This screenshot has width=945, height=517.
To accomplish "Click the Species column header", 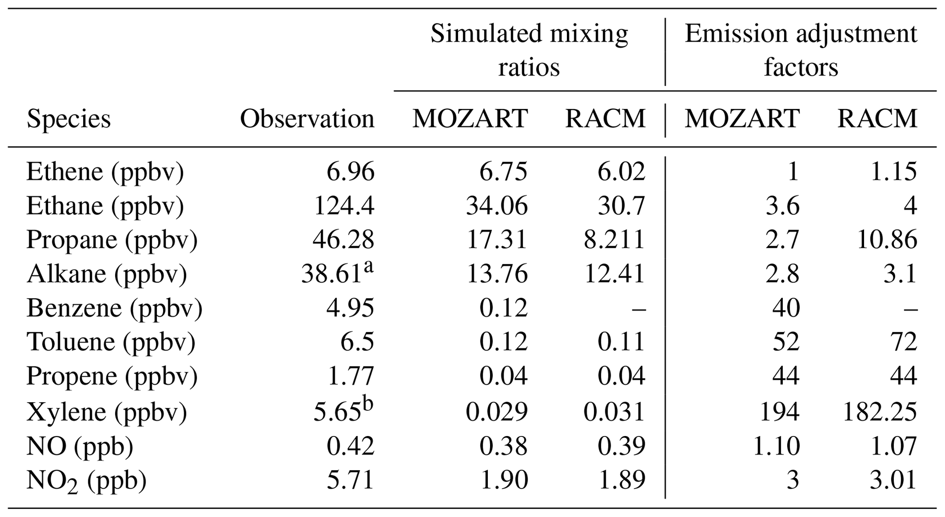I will [x=69, y=119].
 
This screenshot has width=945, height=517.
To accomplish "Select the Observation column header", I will [x=307, y=119].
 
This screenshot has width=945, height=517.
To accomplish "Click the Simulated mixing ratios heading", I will [x=529, y=50].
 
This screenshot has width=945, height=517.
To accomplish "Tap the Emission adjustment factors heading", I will [x=801, y=50].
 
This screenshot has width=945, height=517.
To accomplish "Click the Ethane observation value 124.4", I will [x=344, y=206].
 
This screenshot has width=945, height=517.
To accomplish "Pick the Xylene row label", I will [x=107, y=412].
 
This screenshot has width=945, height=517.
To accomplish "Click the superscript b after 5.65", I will [x=368, y=404].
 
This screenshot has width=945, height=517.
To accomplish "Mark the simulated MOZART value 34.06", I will [x=497, y=206].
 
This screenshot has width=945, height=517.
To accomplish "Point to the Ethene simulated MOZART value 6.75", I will [x=503, y=172].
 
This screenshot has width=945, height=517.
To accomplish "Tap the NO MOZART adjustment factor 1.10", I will [x=776, y=446].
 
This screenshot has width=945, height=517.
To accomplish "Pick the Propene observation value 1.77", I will [x=350, y=376].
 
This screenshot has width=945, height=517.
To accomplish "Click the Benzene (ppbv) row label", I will [x=114, y=308].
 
